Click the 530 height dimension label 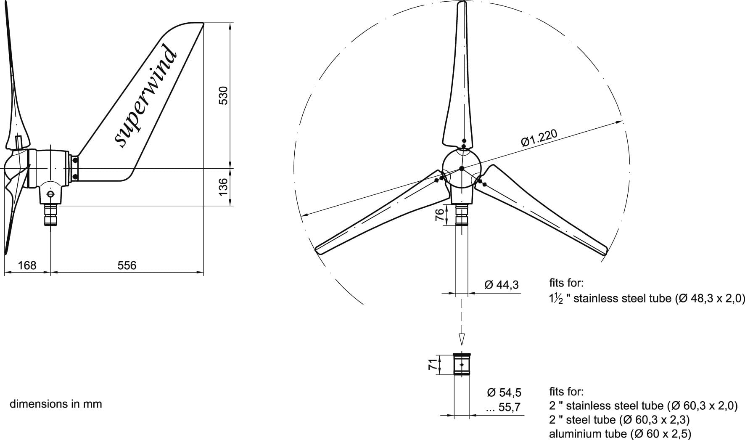tap(224, 95)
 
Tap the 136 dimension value tap(224, 186)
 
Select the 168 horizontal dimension tap(27, 265)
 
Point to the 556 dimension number tap(127, 265)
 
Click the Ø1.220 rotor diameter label tap(539, 138)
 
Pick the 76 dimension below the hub tap(439, 215)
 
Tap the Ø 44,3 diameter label tap(502, 285)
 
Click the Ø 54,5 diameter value tap(504, 392)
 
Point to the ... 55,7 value tap(503, 407)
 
